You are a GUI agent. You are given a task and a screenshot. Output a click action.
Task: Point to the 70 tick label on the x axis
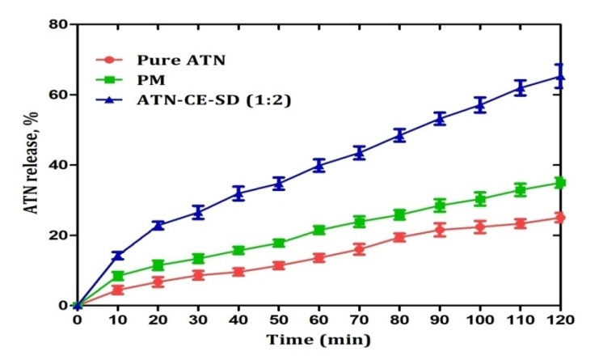(x=359, y=320)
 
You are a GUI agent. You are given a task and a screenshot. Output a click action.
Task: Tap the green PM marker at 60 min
(x=319, y=230)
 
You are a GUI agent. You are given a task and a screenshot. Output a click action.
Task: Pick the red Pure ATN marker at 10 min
(x=117, y=290)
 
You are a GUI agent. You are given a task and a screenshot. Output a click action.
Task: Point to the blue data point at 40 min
(x=238, y=193)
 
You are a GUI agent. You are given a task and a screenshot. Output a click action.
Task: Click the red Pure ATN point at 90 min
(x=439, y=230)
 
